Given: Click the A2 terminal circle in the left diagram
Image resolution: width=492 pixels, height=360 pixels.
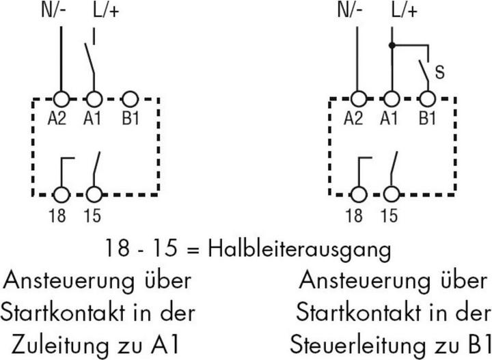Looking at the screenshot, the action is coord(61,100).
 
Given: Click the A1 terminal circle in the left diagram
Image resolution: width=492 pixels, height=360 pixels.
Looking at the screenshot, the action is coord(94,100).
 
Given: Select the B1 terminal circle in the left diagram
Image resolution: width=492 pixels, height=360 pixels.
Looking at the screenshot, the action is coord(130,100).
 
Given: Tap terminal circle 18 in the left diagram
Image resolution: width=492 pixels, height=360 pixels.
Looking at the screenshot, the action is coord(61,195).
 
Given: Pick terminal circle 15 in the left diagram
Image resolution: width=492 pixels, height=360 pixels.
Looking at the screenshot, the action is coord(94,195).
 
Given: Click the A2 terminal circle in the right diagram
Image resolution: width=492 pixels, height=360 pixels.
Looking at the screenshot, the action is coord(358,99).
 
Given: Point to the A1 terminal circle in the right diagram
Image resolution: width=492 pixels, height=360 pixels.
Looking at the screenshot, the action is coord(392,99).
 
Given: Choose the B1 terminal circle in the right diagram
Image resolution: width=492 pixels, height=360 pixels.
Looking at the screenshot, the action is coord(427,99).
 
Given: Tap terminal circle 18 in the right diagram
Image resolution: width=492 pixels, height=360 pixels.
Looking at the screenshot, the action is coord(358,195).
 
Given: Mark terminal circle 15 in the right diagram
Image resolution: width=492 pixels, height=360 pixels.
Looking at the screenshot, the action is coord(392,195).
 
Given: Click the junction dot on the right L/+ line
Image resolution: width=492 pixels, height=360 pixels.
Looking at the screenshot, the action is coord(392,46).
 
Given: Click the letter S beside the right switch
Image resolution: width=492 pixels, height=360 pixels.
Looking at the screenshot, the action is coord(440,72).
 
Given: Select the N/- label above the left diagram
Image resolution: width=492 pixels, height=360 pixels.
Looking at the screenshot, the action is coord(54,10).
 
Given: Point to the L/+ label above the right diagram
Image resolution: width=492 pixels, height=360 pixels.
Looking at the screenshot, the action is coord(405,10).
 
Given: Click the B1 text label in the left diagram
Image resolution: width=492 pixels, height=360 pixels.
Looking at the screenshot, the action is coord(131,119).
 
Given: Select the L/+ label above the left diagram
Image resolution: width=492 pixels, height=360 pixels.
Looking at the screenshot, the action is coord(106,10).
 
